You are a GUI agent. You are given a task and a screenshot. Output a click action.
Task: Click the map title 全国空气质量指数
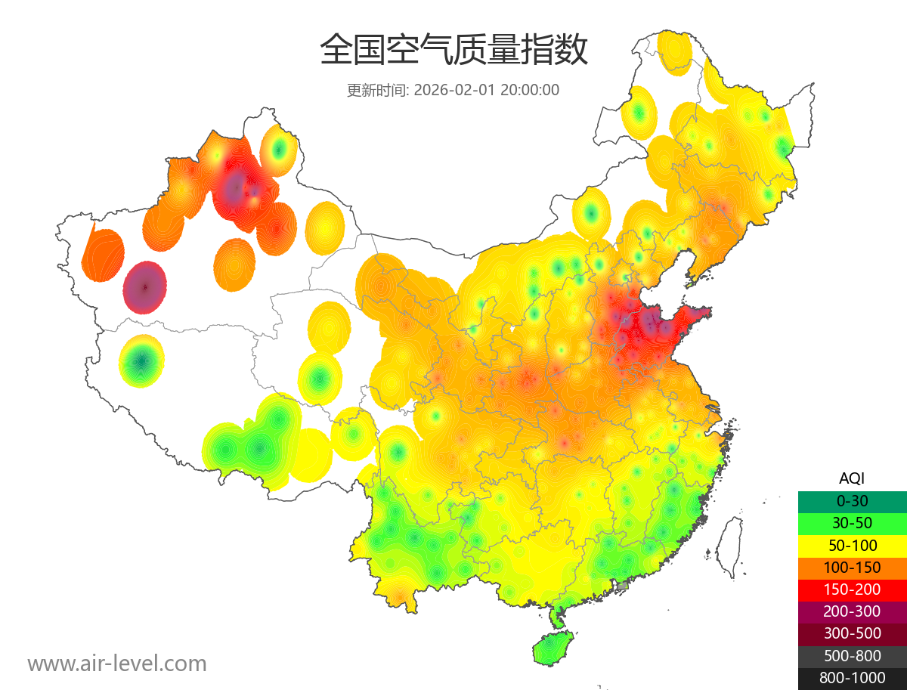click(453, 51)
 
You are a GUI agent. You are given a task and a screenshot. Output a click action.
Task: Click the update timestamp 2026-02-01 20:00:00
click(487, 90)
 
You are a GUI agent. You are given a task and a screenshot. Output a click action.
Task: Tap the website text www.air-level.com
click(117, 664)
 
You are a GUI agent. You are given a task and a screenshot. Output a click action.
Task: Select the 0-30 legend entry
click(852, 500)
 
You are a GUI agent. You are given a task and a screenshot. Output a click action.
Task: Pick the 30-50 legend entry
click(852, 523)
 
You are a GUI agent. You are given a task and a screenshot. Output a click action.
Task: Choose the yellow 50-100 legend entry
click(852, 545)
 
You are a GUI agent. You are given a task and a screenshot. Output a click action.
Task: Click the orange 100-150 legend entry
click(852, 568)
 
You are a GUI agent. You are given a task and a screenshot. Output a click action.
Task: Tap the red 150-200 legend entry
click(852, 589)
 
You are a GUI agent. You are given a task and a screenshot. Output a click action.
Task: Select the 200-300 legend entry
click(852, 611)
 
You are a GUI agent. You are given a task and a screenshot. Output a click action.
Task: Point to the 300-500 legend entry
click(852, 633)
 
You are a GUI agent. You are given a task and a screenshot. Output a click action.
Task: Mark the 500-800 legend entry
click(852, 656)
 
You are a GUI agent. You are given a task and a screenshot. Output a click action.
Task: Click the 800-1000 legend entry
click(852, 678)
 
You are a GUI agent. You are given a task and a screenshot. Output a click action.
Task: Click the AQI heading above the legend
click(852, 478)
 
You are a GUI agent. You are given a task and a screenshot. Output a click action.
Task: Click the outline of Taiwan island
click(729, 546)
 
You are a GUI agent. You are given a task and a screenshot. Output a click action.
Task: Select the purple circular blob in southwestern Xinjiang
click(145, 287)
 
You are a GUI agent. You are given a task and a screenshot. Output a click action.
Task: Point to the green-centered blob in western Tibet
click(141, 361)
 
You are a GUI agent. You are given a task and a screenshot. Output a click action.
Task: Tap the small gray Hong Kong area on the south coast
click(623, 586)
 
